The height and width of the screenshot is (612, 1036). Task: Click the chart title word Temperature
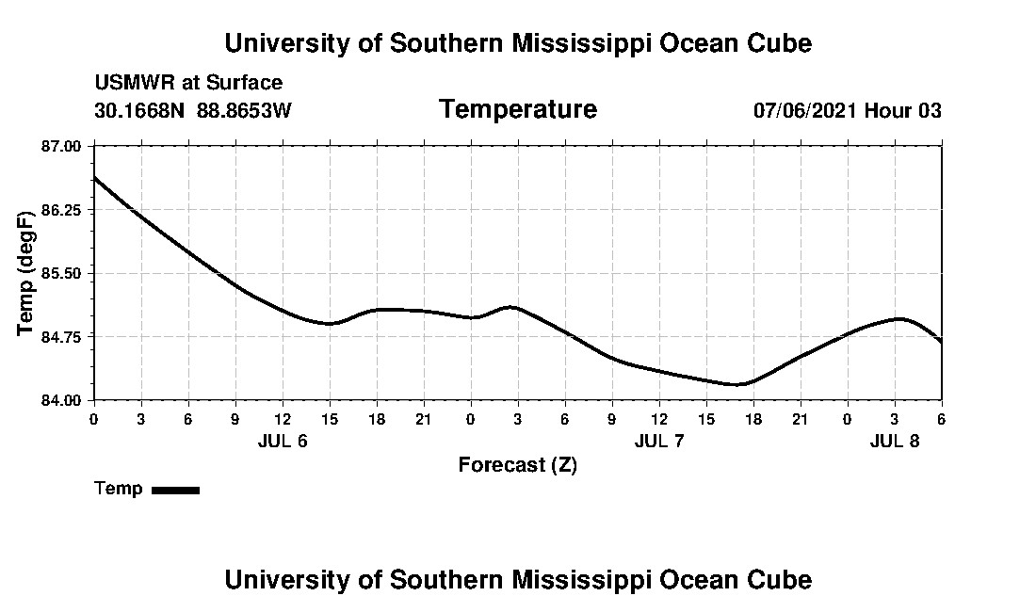[517, 110]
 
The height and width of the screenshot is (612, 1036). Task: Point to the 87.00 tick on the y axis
[62, 146]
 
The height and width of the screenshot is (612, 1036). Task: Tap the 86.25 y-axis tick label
[62, 210]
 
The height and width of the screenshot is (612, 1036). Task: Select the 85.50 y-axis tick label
[62, 273]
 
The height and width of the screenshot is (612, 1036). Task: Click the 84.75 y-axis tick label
[62, 336]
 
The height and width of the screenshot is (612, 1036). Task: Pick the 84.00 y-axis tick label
[62, 400]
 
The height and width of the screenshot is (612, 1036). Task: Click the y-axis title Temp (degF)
[26, 273]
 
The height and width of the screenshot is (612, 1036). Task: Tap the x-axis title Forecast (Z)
[517, 464]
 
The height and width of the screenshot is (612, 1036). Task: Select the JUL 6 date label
[283, 441]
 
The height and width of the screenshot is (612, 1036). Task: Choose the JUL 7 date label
[659, 441]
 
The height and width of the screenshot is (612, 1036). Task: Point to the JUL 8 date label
[895, 441]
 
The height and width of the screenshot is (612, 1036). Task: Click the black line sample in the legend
[175, 490]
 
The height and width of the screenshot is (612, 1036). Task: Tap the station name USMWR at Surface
[188, 83]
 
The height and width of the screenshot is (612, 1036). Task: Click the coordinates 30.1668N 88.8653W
[193, 110]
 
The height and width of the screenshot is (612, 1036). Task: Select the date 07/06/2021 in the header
[805, 110]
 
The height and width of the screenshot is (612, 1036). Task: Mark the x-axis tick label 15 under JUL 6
[330, 418]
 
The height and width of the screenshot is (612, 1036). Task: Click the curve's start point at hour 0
[94, 177]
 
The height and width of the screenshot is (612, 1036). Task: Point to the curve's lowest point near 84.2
[737, 384]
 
